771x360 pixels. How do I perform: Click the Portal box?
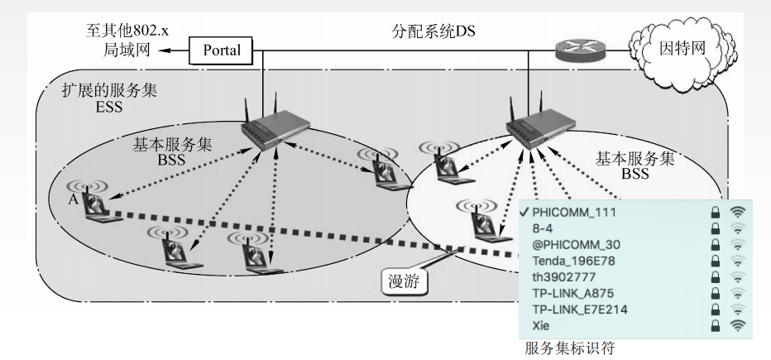[x=222, y=50]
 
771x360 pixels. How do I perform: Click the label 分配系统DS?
[x=434, y=32]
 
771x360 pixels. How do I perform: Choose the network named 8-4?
[x=544, y=229]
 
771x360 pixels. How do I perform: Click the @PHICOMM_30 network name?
[x=576, y=245]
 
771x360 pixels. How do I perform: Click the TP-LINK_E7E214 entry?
[x=580, y=310]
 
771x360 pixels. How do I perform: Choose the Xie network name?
[x=542, y=325]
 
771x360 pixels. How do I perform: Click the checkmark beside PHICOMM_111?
[x=525, y=213]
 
